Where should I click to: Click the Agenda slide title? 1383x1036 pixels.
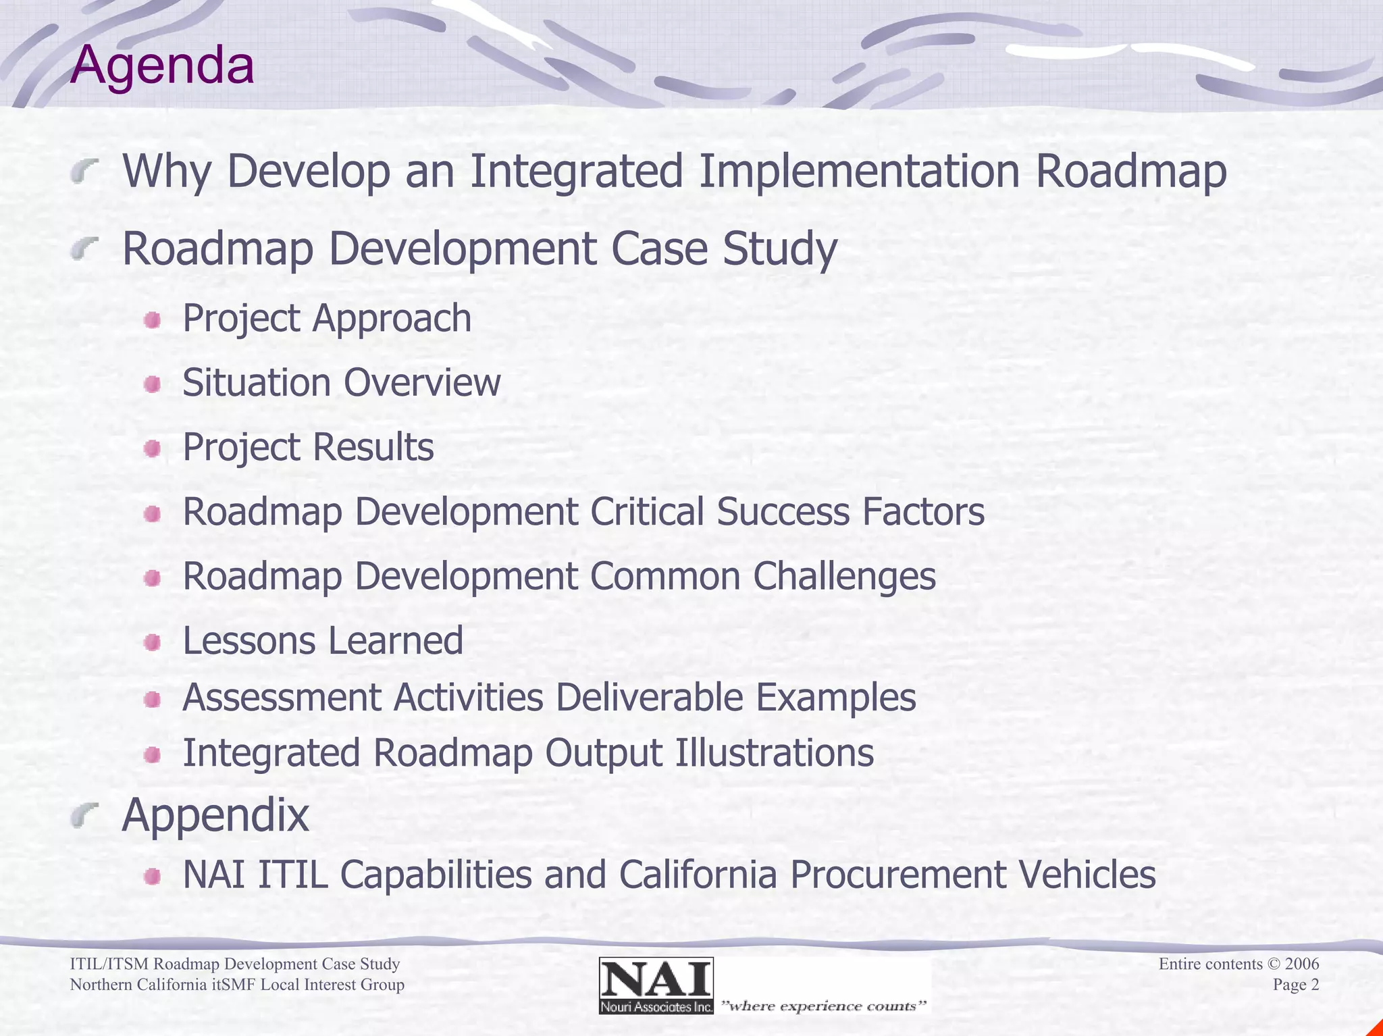[x=162, y=66]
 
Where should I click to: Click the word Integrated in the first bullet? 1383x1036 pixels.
[x=575, y=172]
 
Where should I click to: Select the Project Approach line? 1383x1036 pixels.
[x=327, y=318]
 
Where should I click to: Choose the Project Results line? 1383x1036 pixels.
[x=308, y=447]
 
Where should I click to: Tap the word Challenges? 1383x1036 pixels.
[x=844, y=577]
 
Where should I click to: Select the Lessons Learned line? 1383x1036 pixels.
[x=323, y=641]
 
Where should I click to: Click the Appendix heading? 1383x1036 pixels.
[x=215, y=816]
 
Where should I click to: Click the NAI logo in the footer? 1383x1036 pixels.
[x=656, y=985]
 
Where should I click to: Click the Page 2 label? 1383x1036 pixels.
[x=1295, y=985]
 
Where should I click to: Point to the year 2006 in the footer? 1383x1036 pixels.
[x=1301, y=964]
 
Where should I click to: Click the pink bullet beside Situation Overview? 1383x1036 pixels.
[x=153, y=384]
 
